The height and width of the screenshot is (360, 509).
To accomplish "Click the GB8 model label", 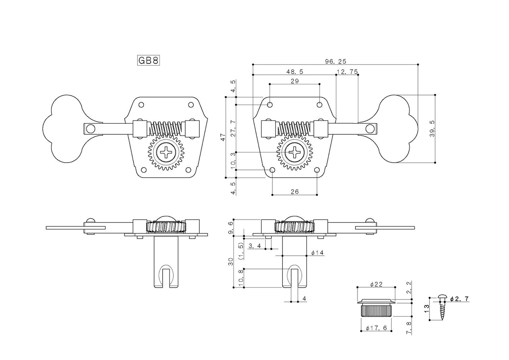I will [x=148, y=60].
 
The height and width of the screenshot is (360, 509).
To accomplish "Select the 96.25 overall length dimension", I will [x=336, y=61].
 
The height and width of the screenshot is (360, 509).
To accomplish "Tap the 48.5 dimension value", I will [x=295, y=72].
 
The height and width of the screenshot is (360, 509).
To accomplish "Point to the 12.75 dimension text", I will [x=347, y=72].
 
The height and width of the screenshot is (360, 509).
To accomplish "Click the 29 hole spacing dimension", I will [x=295, y=81].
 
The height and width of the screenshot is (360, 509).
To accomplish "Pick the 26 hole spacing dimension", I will [x=295, y=191].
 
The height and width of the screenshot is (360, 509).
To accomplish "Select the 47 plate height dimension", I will [x=223, y=137].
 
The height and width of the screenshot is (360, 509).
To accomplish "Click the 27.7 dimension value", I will [x=233, y=128].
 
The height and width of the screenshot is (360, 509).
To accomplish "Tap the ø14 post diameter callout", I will [x=318, y=253].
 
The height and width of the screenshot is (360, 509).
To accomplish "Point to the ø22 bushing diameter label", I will [x=376, y=284].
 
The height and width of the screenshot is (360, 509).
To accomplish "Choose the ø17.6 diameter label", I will [x=376, y=328].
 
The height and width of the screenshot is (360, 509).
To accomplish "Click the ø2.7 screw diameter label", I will [x=460, y=298].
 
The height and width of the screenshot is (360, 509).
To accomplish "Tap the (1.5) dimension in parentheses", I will [x=240, y=251].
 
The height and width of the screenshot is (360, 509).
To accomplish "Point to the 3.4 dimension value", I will [x=254, y=246].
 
